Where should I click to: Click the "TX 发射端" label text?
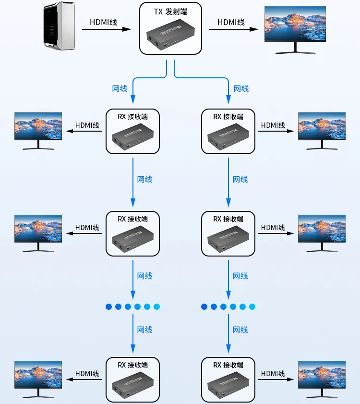tap(170, 12)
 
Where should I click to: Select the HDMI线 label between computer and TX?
tap(103, 22)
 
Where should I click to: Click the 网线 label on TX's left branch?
tap(120, 88)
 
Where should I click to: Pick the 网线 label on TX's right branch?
tap(241, 88)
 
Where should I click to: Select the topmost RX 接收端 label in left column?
tap(133, 116)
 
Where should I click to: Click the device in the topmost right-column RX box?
tap(228, 137)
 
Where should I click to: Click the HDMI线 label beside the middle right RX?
tap(273, 227)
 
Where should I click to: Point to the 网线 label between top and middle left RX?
tap(144, 179)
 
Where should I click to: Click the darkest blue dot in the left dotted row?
tap(108, 306)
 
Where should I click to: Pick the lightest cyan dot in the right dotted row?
tap(252, 306)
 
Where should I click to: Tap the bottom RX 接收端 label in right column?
tap(228, 365)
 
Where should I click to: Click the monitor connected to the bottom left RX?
tap(38, 374)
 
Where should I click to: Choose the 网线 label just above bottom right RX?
tap(240, 330)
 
